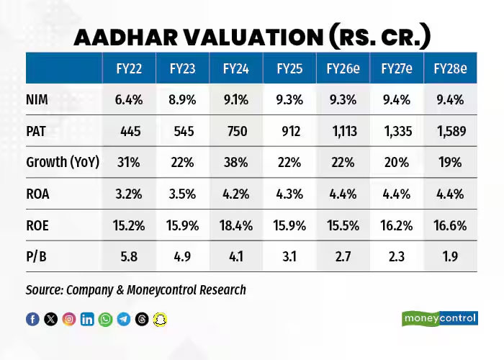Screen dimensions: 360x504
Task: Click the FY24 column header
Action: [235, 69]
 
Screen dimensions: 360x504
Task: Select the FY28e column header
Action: [450, 69]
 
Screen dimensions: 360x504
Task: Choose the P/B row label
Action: [42, 256]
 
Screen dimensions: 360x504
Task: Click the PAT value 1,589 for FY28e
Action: [450, 131]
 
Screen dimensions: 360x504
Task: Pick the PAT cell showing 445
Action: [129, 131]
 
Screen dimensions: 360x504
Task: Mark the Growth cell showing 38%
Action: [235, 162]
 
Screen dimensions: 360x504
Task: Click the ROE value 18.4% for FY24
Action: [235, 225]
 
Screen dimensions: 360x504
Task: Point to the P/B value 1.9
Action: [450, 256]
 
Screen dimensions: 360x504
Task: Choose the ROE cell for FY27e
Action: [396, 225]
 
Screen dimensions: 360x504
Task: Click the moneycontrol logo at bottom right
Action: [439, 318]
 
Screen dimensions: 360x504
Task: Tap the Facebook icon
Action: [32, 319]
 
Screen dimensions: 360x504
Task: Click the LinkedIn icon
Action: [87, 319]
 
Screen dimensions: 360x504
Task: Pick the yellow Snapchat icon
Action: [160, 319]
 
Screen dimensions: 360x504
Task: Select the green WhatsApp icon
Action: [106, 319]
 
